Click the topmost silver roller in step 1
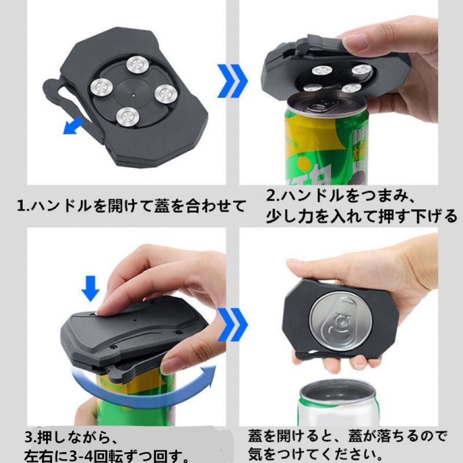[137, 65]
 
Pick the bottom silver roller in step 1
[127, 117]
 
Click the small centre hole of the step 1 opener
[133, 95]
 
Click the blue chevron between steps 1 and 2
[232, 81]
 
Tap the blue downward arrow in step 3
[91, 289]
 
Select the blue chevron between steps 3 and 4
[232, 324]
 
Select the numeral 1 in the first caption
[21, 206]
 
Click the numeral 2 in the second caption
[271, 196]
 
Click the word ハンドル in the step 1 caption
[61, 206]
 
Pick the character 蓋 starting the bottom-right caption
[255, 436]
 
